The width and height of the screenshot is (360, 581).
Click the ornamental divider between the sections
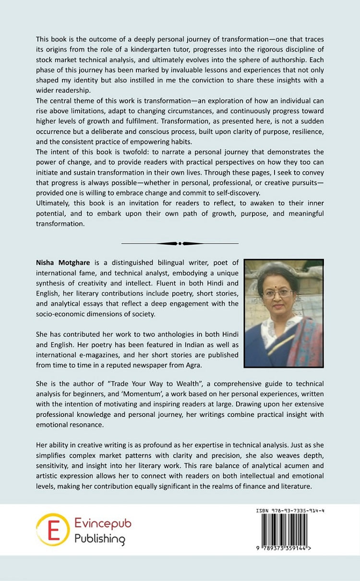[x=180, y=243]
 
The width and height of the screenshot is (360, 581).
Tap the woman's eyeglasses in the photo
[x=278, y=294]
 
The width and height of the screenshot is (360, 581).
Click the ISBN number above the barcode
[x=290, y=511]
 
